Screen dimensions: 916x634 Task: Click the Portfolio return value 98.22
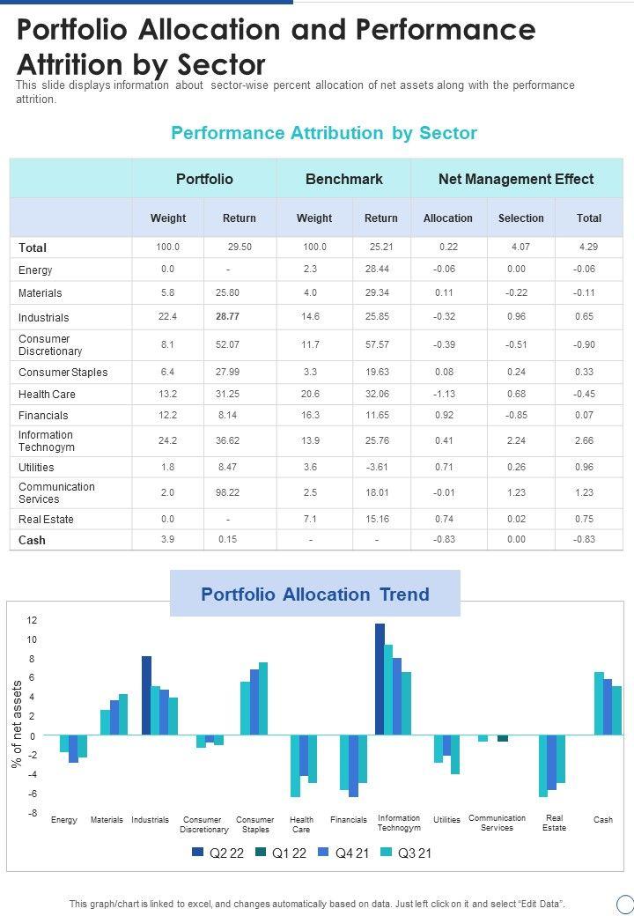click(227, 493)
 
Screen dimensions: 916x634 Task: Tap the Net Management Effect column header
click(516, 179)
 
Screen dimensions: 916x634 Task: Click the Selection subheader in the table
click(520, 218)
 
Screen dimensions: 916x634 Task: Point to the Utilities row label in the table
click(36, 468)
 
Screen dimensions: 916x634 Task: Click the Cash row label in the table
click(32, 540)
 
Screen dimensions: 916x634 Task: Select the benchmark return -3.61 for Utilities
click(376, 468)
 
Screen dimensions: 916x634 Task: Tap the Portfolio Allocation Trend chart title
click(315, 595)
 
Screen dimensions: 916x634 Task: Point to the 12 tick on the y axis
click(33, 621)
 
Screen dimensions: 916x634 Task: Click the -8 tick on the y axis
click(33, 813)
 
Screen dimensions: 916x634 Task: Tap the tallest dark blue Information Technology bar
click(380, 678)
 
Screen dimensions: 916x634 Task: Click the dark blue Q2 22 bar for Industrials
click(146, 695)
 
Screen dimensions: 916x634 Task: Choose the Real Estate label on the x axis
click(554, 823)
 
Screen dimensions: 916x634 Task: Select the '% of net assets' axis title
click(17, 724)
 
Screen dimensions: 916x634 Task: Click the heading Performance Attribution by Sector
click(324, 133)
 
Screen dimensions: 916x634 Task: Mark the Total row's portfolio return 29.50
click(240, 247)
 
